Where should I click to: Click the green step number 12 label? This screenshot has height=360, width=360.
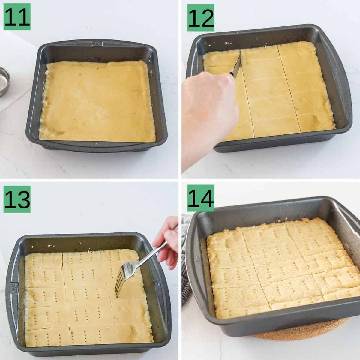click(x=201, y=18)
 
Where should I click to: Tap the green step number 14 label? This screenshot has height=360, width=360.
click(x=201, y=198)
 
